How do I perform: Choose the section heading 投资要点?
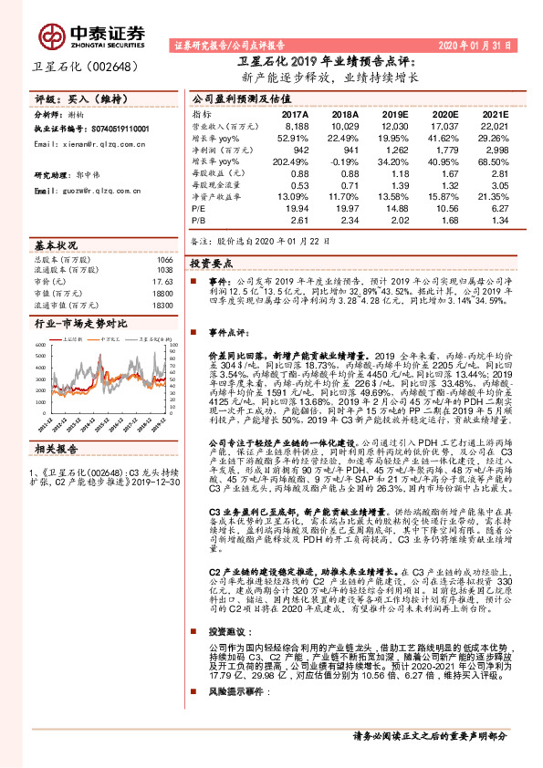(213, 262)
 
